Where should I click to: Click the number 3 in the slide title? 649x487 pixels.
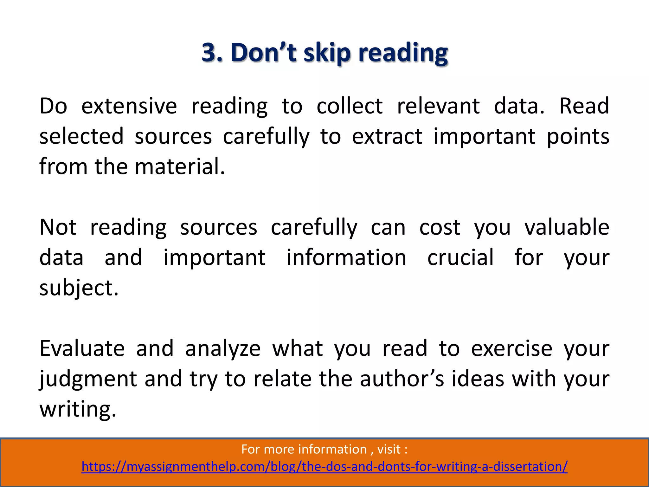pos(210,52)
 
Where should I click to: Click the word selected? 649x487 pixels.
pos(81,136)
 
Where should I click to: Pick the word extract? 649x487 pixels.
pos(387,136)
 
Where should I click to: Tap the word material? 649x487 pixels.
pos(180,166)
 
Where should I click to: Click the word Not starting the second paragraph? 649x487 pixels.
pos(58,227)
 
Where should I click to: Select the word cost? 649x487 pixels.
pos(440,227)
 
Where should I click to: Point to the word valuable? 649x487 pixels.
pos(567,227)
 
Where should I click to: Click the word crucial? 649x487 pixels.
pos(460,257)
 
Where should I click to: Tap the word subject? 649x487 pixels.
pos(79,288)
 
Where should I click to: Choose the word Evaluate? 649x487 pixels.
pos(82,348)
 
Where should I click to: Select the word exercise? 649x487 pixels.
pos(511,348)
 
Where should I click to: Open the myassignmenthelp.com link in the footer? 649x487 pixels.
pos(324,467)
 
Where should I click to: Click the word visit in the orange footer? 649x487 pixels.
pos(389,449)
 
